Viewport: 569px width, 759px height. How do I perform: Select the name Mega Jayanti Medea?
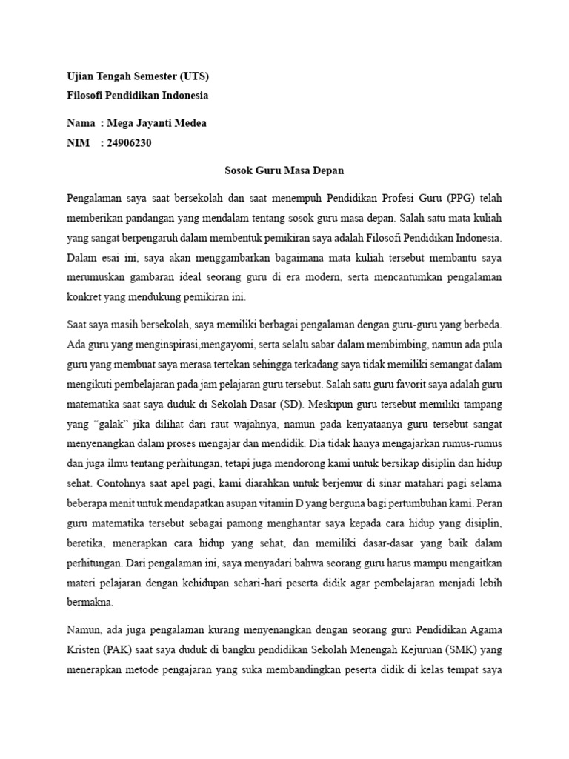point(157,123)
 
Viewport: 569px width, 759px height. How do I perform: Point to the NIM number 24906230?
point(129,142)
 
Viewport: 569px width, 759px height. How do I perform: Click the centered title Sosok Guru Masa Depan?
point(284,170)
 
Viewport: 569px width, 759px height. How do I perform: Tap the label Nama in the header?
point(81,123)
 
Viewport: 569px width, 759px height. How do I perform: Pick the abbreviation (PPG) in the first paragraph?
point(463,198)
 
